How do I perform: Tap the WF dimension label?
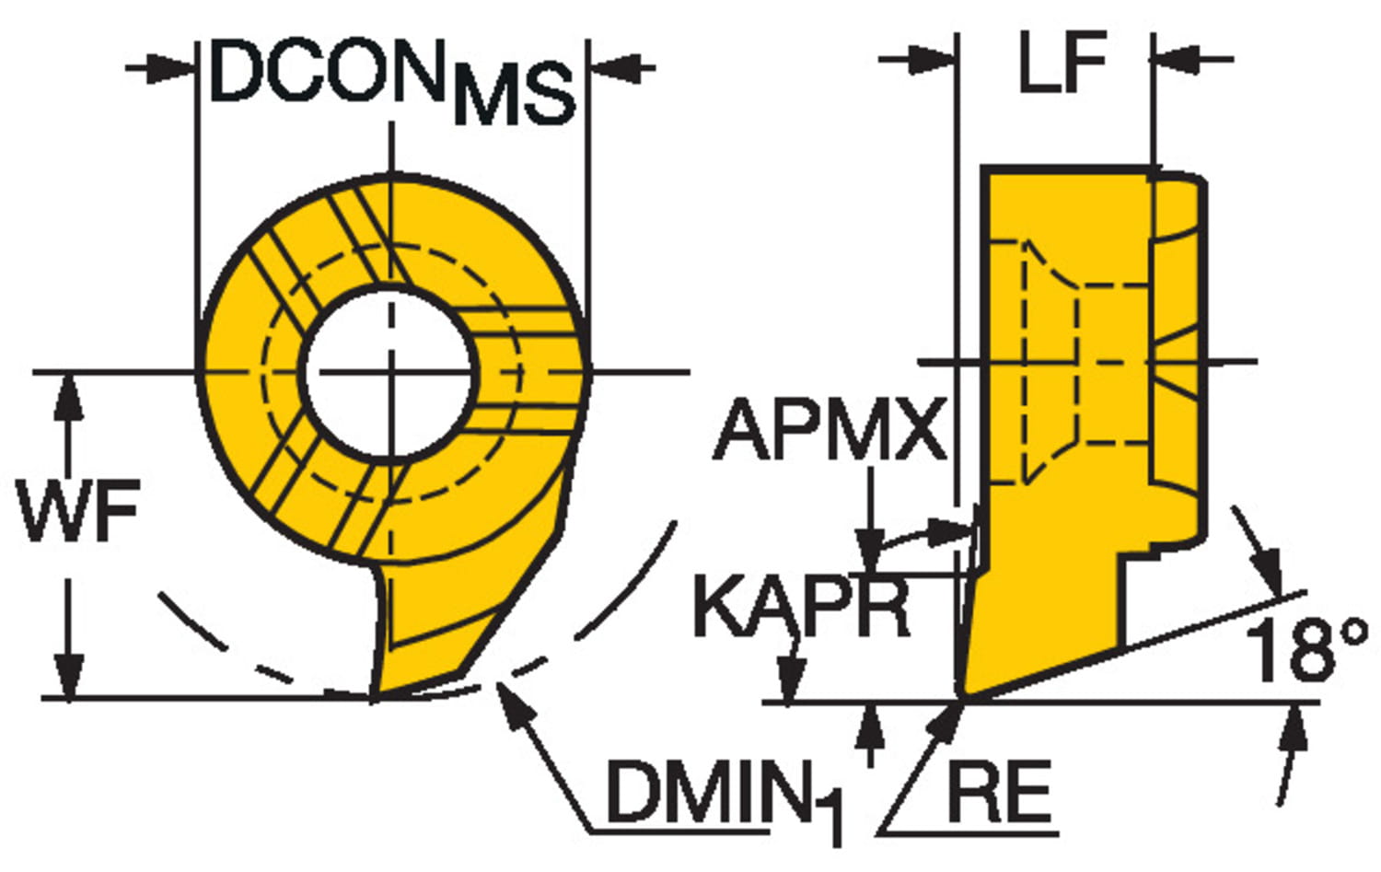point(78,512)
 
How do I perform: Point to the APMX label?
point(830,430)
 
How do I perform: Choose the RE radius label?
point(999,793)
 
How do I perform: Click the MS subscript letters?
point(514,96)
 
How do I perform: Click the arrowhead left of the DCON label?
point(175,67)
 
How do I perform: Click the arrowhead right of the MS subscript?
point(612,67)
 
